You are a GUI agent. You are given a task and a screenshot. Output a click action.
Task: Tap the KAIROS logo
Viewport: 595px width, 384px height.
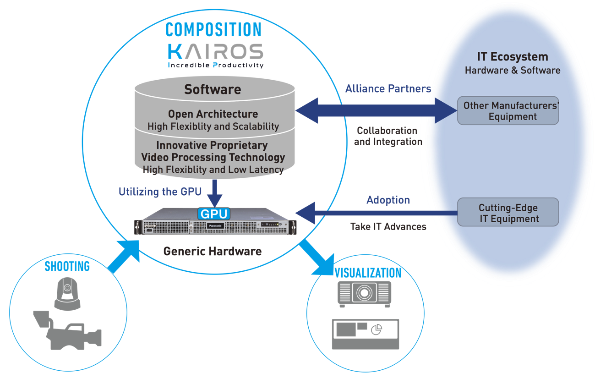point(215,52)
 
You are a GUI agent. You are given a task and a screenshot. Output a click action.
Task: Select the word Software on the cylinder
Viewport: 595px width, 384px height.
point(213,89)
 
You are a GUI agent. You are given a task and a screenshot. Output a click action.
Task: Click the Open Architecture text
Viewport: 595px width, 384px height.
point(213,114)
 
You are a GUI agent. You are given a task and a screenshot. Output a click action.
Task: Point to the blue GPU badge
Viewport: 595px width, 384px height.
point(213,214)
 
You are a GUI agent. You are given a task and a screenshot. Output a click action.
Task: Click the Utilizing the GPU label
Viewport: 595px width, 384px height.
point(160,192)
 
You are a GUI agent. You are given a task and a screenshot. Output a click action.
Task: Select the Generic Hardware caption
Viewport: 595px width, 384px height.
point(213,251)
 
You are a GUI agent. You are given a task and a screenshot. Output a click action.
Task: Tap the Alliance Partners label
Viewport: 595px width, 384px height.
point(388,88)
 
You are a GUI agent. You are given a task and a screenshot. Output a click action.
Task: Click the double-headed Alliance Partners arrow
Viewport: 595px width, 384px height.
point(376,110)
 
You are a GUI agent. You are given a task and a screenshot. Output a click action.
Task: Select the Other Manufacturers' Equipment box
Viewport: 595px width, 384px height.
point(508,111)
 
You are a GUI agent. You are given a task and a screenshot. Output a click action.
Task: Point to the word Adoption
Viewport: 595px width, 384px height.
point(388,200)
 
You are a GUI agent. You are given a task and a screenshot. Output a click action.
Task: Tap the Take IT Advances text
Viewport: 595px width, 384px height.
point(388,226)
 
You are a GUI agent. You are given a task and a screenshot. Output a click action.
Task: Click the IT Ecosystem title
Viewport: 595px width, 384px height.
point(512,57)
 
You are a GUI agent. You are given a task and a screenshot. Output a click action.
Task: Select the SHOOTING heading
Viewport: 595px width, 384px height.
point(67,266)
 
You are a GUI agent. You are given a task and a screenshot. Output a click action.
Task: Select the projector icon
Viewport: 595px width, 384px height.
point(364,293)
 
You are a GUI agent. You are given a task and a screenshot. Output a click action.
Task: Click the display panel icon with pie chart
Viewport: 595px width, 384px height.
point(365,334)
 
